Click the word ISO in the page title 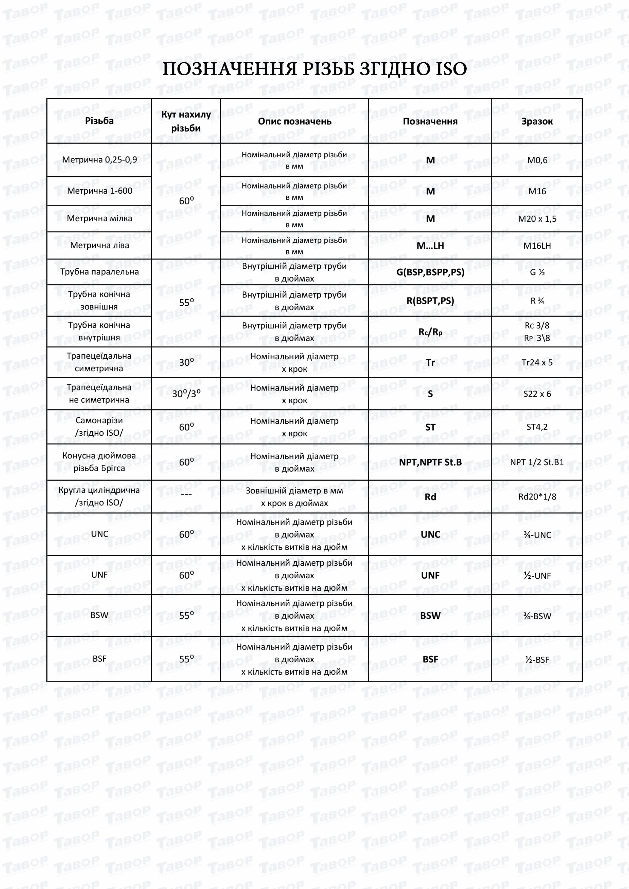pyautogui.click(x=451, y=69)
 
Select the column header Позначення pyautogui.click(x=430, y=121)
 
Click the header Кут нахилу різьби pyautogui.click(x=186, y=121)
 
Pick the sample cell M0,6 pyautogui.click(x=537, y=160)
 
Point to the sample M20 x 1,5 pyautogui.click(x=537, y=219)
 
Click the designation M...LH pyautogui.click(x=430, y=246)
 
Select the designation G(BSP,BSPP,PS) pyautogui.click(x=430, y=272)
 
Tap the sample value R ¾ pyautogui.click(x=537, y=301)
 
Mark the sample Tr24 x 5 pyautogui.click(x=537, y=362)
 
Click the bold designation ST pyautogui.click(x=430, y=427)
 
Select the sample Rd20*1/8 pyautogui.click(x=537, y=496)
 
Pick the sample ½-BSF pyautogui.click(x=537, y=659)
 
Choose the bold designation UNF pyautogui.click(x=430, y=575)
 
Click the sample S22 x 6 pyautogui.click(x=537, y=394)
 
